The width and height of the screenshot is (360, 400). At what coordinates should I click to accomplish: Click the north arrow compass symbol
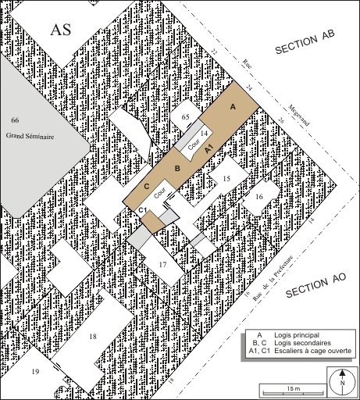(341, 383)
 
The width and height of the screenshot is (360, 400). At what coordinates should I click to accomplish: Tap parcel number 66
(14, 120)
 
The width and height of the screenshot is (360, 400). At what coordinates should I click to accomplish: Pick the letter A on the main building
(231, 105)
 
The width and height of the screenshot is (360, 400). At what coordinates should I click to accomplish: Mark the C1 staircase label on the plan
(143, 212)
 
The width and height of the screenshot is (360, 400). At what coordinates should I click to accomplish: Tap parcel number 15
(226, 179)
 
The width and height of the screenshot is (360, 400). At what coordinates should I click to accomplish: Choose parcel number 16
(258, 197)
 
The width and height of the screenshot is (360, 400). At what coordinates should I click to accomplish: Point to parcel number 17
(163, 265)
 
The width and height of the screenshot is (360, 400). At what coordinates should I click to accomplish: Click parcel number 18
(92, 336)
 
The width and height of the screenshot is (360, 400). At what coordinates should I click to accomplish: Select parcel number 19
(34, 372)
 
